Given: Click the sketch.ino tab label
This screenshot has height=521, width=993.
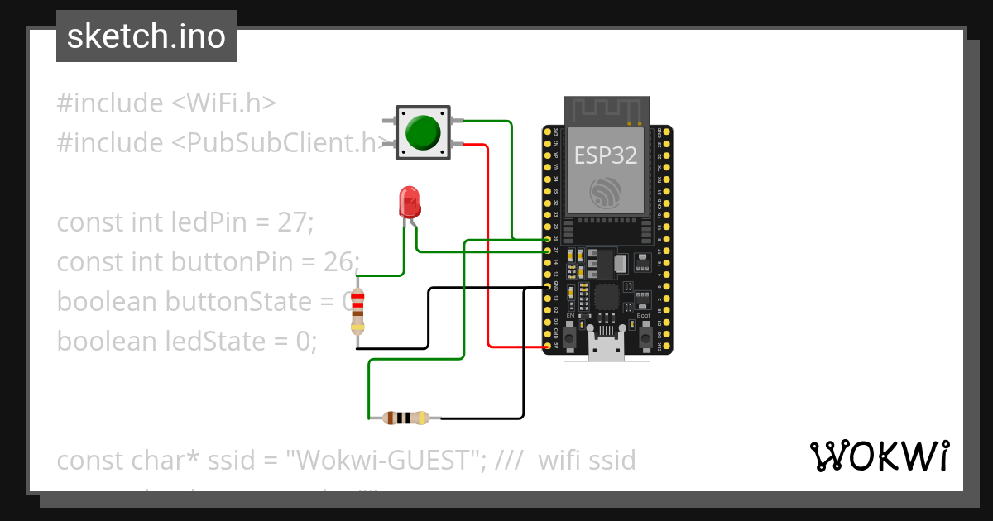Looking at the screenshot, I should click(x=146, y=36).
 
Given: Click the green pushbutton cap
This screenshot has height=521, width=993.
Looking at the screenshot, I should click(x=423, y=131).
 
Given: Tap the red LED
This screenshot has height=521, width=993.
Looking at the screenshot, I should click(x=409, y=202).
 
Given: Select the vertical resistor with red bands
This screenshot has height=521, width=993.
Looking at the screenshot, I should click(x=357, y=310).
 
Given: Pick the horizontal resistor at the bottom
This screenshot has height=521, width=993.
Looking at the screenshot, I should click(x=406, y=418).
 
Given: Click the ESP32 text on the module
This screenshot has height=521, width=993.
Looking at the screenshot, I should click(x=607, y=155).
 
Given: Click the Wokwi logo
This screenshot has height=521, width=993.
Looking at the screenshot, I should click(x=879, y=456).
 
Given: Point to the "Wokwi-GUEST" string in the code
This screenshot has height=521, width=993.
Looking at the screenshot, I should click(x=386, y=461).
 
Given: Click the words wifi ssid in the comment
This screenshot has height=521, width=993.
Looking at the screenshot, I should click(x=587, y=461).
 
